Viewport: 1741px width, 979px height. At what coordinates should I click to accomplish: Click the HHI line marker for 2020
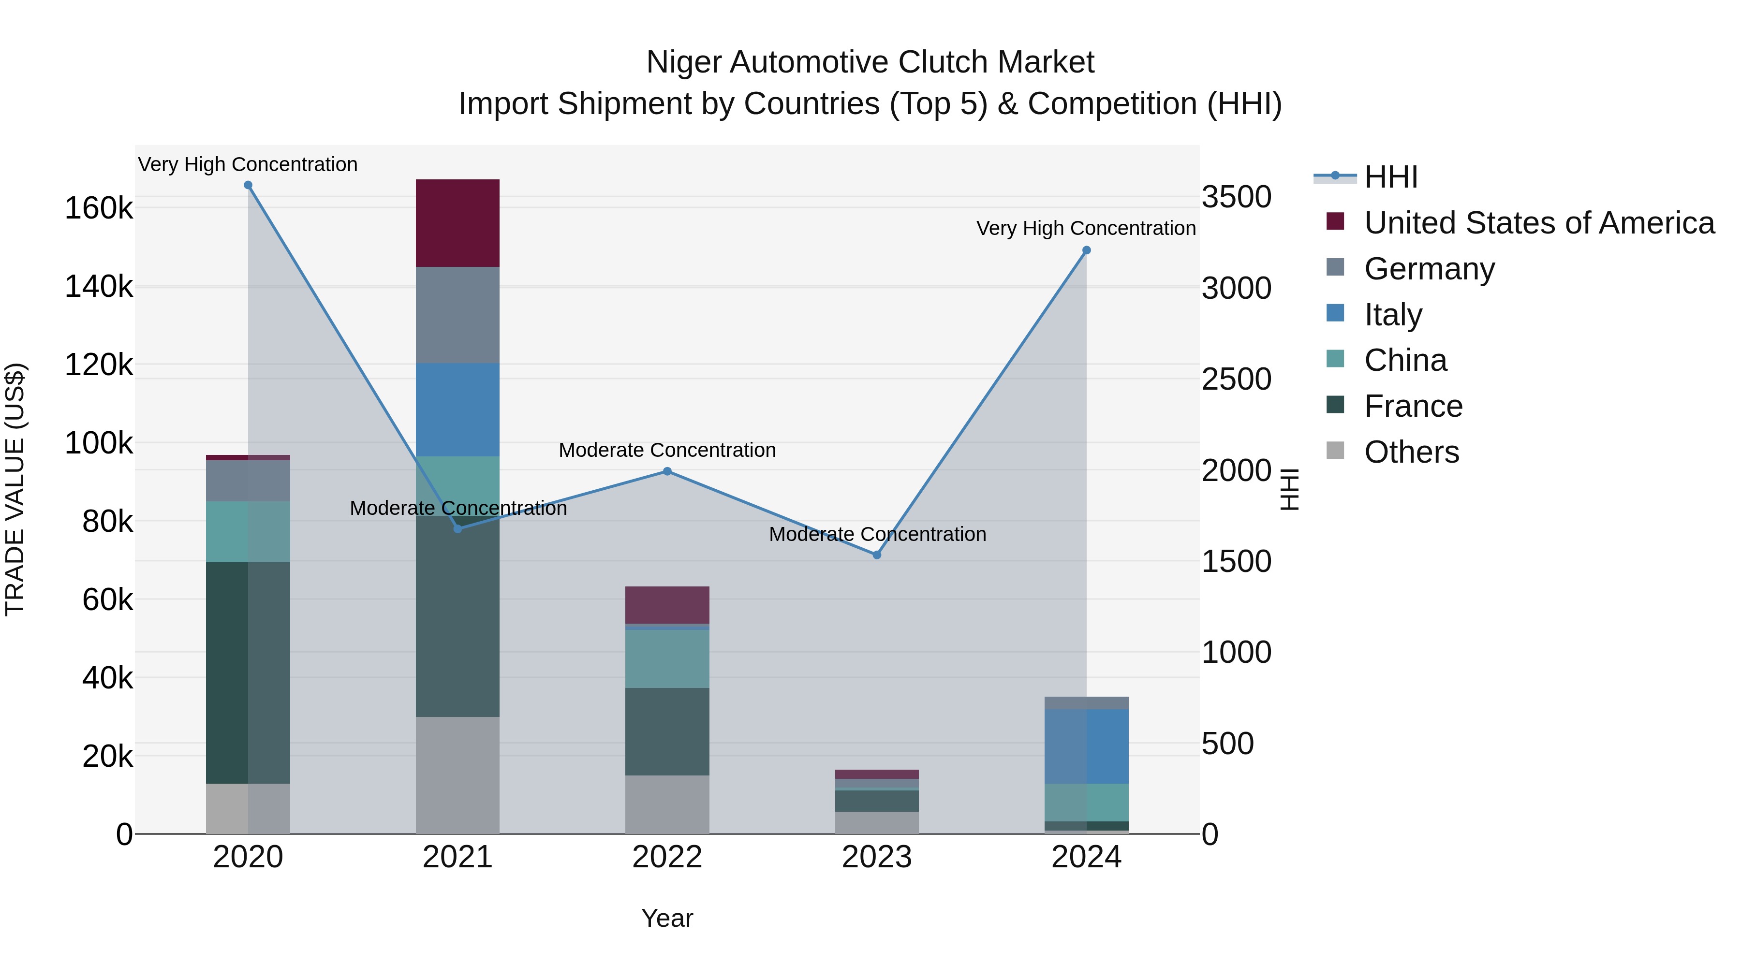pos(248,185)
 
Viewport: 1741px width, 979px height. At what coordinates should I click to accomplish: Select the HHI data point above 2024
pos(1086,250)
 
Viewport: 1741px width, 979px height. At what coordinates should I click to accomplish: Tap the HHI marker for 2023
pos(877,555)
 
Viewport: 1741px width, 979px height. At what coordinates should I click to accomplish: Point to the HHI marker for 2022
pos(667,471)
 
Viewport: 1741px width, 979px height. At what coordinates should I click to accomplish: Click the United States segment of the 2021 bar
pos(457,223)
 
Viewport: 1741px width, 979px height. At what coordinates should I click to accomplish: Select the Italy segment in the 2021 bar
pos(457,409)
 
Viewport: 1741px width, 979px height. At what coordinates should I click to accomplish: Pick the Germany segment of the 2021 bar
pos(457,315)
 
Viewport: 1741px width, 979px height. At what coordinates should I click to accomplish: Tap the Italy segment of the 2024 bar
pos(1086,746)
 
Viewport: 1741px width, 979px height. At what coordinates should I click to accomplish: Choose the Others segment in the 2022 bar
pos(667,804)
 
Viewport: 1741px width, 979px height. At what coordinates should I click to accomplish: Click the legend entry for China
pos(1405,360)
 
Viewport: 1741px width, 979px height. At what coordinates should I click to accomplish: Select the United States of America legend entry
pos(1538,223)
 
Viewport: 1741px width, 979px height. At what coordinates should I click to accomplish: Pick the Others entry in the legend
pos(1411,452)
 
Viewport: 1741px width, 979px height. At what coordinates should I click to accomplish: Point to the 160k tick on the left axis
pos(99,208)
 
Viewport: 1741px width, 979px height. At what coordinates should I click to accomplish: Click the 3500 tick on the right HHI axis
pos(1236,197)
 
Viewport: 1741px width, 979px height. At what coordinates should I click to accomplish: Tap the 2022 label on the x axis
pos(667,857)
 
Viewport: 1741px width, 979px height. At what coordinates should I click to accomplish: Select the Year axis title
pos(667,918)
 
